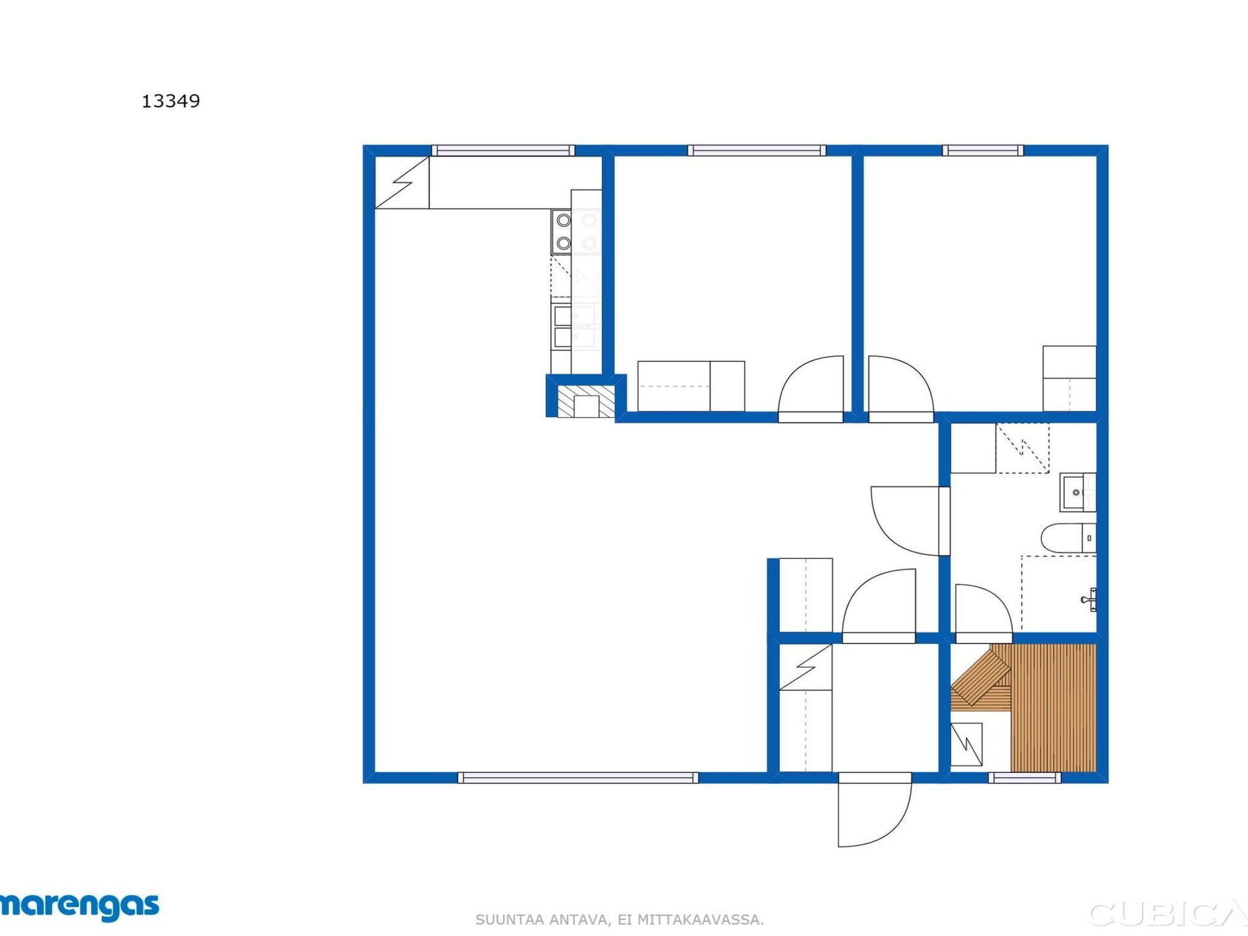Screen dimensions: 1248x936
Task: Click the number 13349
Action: click(x=171, y=101)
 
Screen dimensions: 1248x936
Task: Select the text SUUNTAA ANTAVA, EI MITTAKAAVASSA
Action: click(x=619, y=920)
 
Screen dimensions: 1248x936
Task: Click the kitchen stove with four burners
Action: click(x=576, y=232)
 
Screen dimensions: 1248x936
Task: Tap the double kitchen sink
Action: click(x=576, y=326)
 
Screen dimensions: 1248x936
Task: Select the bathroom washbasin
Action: click(x=1078, y=493)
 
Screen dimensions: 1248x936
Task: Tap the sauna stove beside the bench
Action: click(x=967, y=744)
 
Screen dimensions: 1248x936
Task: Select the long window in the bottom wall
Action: click(x=578, y=777)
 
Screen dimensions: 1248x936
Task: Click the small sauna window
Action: click(x=1024, y=777)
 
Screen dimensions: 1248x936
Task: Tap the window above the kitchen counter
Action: click(x=503, y=151)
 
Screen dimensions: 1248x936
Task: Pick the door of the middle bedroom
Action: click(x=811, y=389)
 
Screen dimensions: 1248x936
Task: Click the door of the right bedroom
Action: click(x=901, y=389)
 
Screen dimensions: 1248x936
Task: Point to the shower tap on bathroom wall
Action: click(x=1090, y=599)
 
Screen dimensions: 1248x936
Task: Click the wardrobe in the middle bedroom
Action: click(x=691, y=386)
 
